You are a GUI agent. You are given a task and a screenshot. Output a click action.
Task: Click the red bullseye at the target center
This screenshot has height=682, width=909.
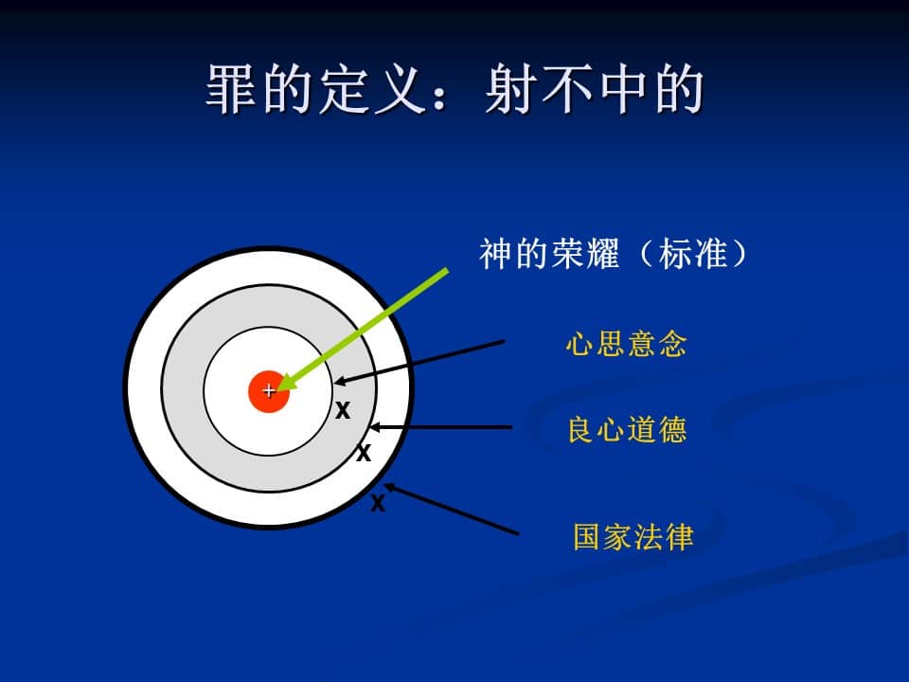point(268,391)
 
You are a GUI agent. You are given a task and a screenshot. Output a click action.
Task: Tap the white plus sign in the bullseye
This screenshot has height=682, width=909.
point(269,391)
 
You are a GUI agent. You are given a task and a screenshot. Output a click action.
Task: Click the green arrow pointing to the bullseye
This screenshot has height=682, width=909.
point(363,330)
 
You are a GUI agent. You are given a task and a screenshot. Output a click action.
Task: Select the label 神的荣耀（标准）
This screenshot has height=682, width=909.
point(614,254)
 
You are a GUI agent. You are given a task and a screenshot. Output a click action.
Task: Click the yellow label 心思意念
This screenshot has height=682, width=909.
point(626,343)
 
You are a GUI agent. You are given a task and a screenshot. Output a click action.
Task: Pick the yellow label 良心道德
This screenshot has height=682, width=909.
point(627,430)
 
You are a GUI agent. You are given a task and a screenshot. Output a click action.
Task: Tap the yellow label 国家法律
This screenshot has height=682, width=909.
point(633,536)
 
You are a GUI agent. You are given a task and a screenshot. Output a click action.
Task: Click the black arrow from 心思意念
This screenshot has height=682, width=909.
point(419,362)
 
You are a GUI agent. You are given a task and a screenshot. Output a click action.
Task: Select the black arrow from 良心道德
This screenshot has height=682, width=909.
point(440,427)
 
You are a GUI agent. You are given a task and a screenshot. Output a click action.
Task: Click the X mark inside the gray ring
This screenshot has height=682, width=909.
point(343,410)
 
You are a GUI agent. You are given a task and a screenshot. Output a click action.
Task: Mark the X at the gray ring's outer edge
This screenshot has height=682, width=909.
point(364,453)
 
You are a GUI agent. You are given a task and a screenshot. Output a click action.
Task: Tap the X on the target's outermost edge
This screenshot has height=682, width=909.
point(378,503)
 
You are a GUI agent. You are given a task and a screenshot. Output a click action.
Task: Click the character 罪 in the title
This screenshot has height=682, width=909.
point(231,89)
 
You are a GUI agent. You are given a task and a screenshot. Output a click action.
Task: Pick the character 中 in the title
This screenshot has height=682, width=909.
point(623,89)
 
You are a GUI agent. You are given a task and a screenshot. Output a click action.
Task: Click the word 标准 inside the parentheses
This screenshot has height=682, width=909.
point(693,254)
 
